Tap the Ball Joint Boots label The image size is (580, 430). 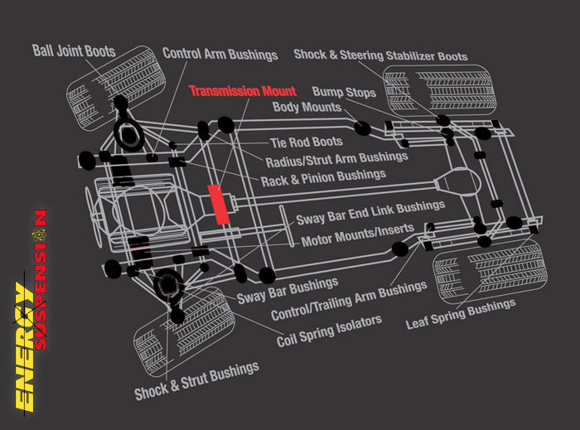pos(73,51)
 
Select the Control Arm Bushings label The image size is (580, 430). pos(220,54)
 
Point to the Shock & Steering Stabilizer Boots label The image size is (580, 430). pos(380,56)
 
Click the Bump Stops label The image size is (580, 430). pos(344,91)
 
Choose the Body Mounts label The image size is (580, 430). pos(307,108)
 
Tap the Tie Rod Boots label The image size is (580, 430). pos(307,143)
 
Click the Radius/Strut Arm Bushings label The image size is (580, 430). pos(336,158)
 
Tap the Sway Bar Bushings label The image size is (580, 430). pos(276,292)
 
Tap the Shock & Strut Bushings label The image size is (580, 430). pos(197,380)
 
